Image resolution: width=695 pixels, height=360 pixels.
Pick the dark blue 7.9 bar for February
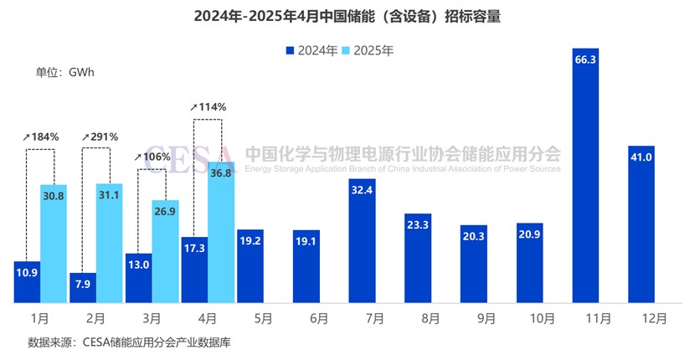click(x=82, y=287)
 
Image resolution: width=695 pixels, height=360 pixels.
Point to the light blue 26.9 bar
click(x=165, y=251)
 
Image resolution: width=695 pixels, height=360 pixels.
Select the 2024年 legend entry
click(x=311, y=50)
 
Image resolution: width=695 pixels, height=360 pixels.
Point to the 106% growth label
click(x=152, y=157)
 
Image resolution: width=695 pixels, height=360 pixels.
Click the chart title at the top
click(x=347, y=17)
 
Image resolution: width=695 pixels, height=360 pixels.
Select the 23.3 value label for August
click(x=417, y=224)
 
